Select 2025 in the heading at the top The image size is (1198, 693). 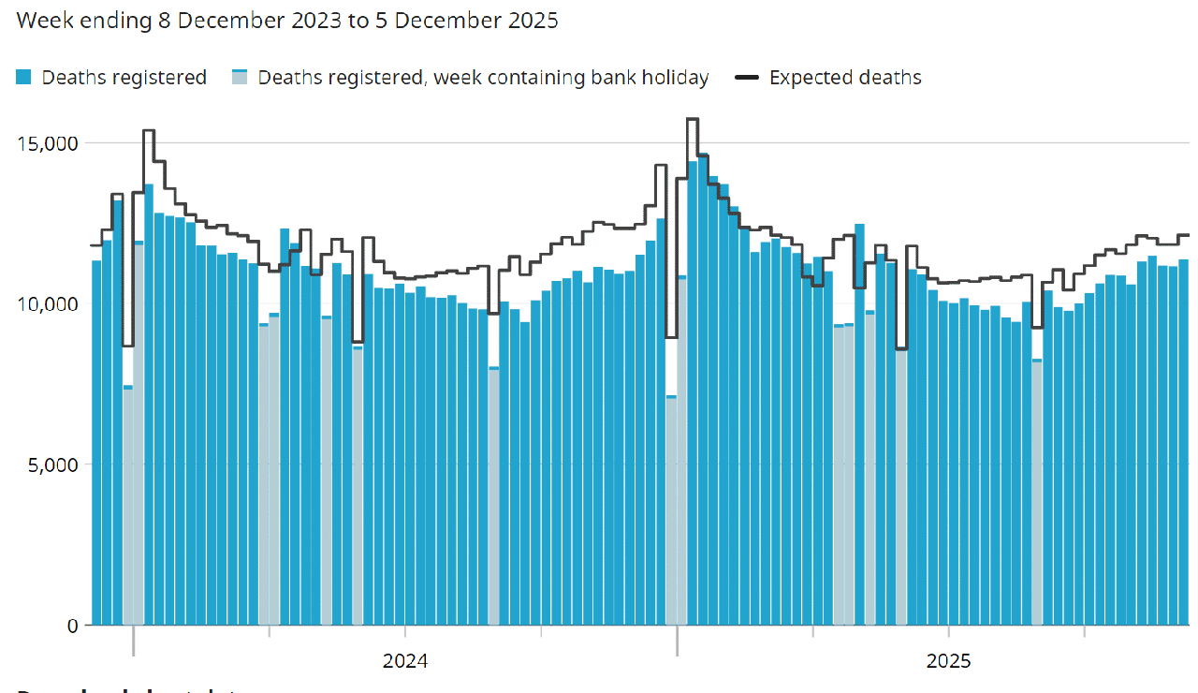[x=531, y=20]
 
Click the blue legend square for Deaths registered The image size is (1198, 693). [x=25, y=78]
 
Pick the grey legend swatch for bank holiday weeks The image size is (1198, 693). [x=241, y=78]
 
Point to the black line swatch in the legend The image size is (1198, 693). [x=747, y=78]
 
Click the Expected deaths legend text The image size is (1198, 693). [x=844, y=78]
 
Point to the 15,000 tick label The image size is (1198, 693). [x=49, y=143]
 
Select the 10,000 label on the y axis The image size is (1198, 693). [x=49, y=304]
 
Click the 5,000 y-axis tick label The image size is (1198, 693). [x=53, y=464]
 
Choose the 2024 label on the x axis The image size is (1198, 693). [x=405, y=661]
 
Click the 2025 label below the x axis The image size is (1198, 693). [x=949, y=661]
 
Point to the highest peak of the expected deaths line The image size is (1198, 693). [x=693, y=120]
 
